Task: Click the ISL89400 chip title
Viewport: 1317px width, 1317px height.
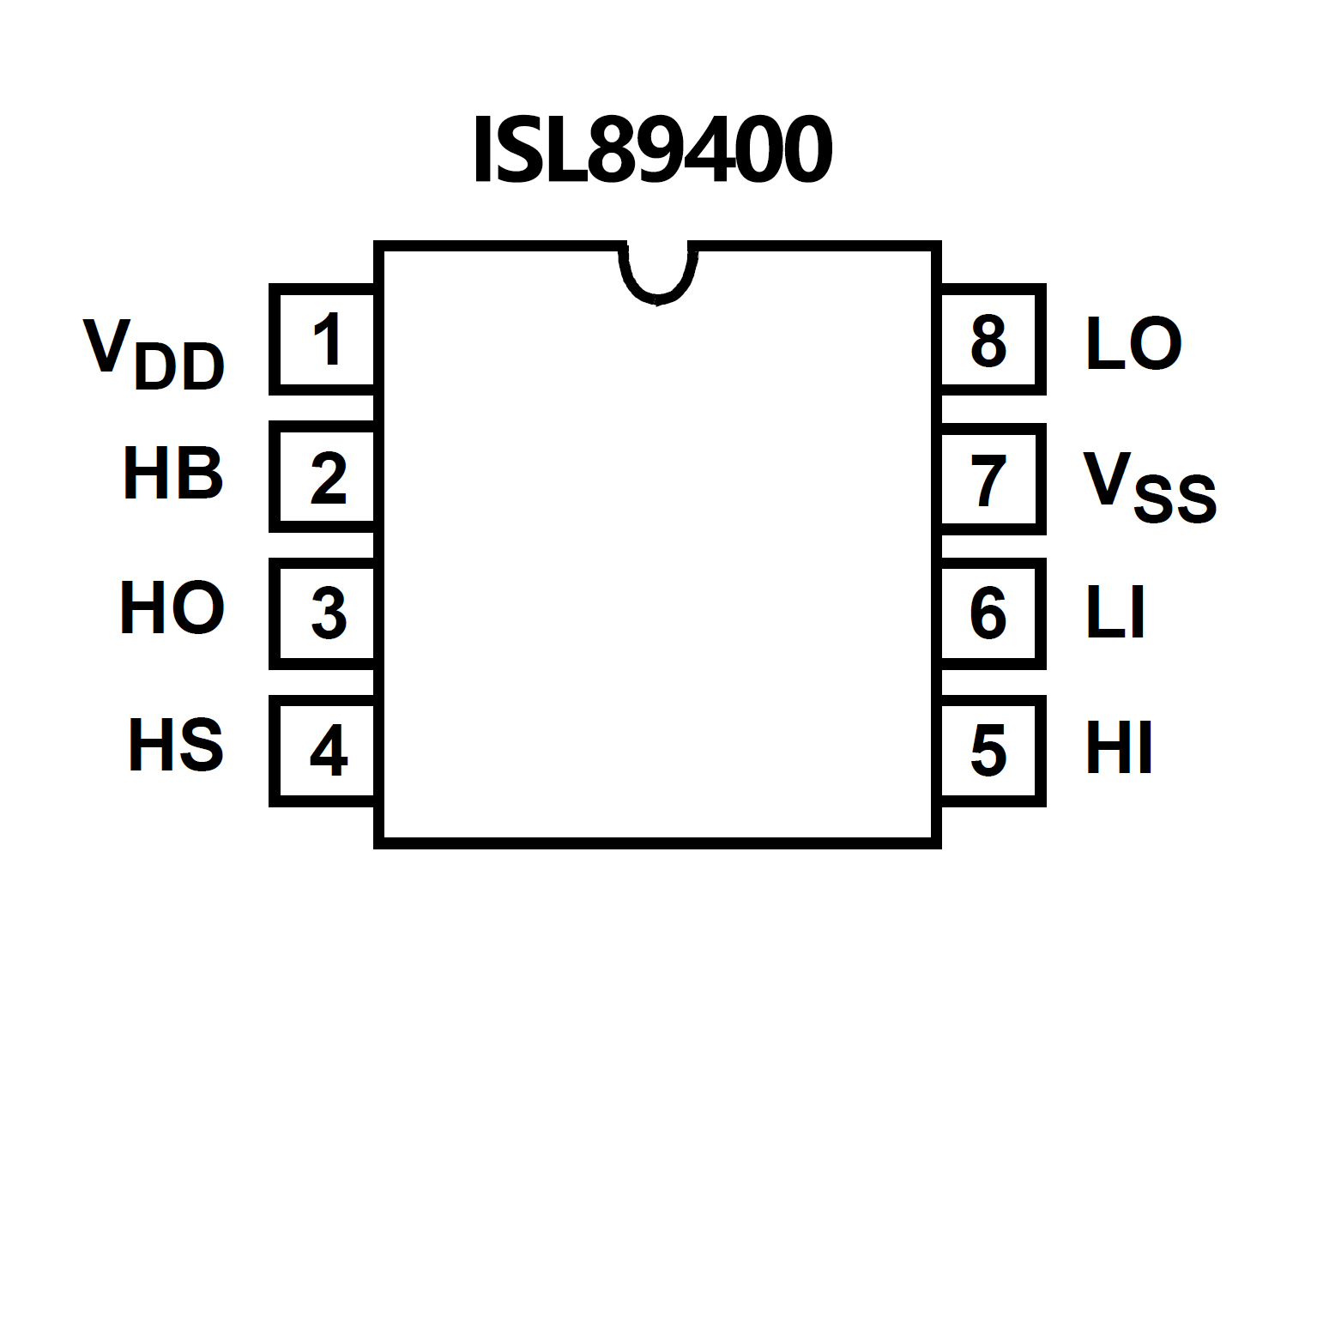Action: (x=652, y=150)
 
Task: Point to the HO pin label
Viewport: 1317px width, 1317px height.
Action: (x=172, y=608)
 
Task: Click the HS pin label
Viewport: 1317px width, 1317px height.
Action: (x=176, y=745)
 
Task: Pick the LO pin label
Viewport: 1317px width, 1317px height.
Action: (x=1133, y=344)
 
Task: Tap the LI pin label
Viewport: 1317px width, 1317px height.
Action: (x=1115, y=613)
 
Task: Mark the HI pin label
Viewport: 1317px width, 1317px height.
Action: (x=1119, y=748)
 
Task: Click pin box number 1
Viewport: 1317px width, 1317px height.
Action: (x=324, y=340)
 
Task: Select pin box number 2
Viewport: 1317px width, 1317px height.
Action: (x=324, y=477)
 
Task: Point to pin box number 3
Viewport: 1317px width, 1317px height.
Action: (x=324, y=613)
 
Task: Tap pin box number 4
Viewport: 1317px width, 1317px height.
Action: (x=324, y=751)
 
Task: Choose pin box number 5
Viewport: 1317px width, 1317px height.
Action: (x=991, y=751)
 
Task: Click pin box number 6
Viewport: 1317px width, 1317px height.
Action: (x=991, y=613)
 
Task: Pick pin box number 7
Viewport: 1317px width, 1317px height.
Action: (x=991, y=479)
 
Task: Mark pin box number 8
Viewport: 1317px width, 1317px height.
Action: (x=991, y=341)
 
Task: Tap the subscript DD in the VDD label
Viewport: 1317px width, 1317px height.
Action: (x=179, y=367)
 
